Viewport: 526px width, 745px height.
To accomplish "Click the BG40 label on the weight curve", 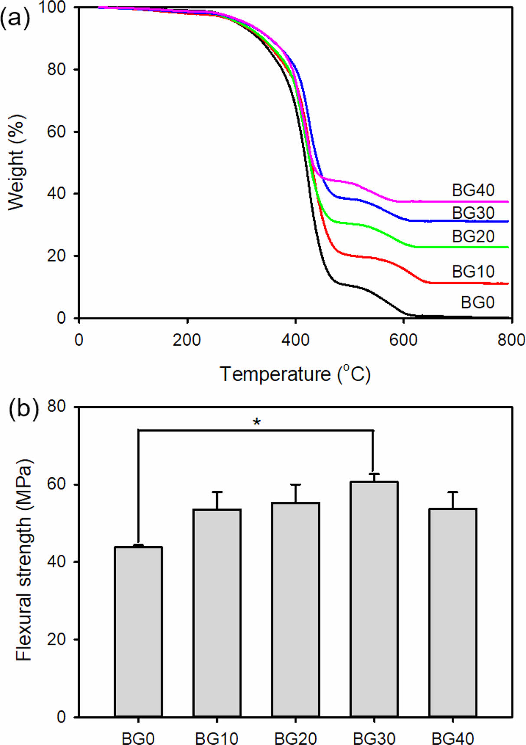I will click(473, 190).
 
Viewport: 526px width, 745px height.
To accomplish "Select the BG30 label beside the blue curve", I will click(473, 213).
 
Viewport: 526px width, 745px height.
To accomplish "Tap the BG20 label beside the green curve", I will click(473, 236).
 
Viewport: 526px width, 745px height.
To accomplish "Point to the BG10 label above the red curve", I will click(473, 272).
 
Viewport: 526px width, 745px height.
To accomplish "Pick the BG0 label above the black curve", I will click(477, 302).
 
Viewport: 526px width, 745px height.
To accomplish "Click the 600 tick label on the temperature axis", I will click(403, 340).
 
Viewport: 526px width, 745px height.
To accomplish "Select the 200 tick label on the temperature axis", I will click(187, 340).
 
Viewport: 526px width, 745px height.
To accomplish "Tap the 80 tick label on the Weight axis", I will click(56, 69).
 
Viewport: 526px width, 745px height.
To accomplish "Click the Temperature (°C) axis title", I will click(295, 373).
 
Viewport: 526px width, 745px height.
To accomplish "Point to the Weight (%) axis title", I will click(16, 162).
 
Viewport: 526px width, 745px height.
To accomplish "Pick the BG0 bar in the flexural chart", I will click(138, 632).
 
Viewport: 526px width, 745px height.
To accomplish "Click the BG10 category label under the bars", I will click(216, 738).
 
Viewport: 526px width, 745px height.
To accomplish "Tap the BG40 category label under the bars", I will click(453, 738).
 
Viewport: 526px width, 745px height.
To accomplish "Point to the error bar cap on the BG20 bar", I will click(296, 485).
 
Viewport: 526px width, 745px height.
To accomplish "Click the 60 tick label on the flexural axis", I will click(56, 485).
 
